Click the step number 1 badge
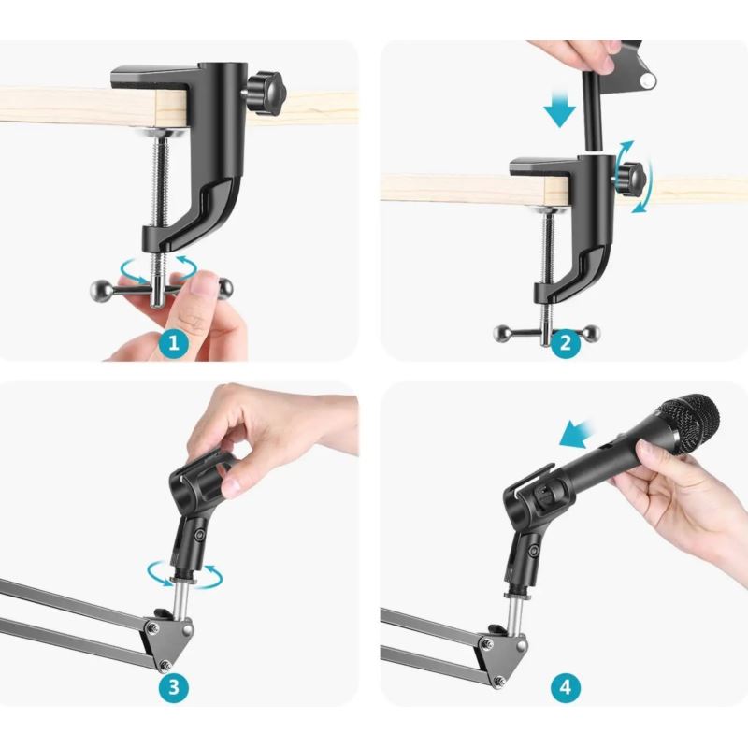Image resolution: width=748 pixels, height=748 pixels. point(173,343)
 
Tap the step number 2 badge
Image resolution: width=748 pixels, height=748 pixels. point(566,343)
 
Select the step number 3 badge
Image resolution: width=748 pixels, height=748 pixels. point(173,687)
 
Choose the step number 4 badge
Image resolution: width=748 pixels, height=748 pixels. point(566,687)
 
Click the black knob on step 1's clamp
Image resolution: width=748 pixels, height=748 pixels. point(266,92)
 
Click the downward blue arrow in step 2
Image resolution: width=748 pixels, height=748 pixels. point(560,110)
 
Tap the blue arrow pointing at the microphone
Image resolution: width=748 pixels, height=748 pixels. point(576,434)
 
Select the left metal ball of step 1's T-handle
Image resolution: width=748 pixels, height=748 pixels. point(101,290)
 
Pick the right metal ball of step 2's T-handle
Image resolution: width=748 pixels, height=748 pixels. point(592,333)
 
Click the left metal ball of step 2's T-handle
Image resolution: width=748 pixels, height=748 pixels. point(502,333)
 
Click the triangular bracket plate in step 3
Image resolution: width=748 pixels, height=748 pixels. point(168,640)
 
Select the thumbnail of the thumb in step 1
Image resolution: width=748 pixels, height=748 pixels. point(203,285)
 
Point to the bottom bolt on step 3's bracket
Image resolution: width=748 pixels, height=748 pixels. point(165,665)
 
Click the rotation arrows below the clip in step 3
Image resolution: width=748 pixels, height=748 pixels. point(184,575)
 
